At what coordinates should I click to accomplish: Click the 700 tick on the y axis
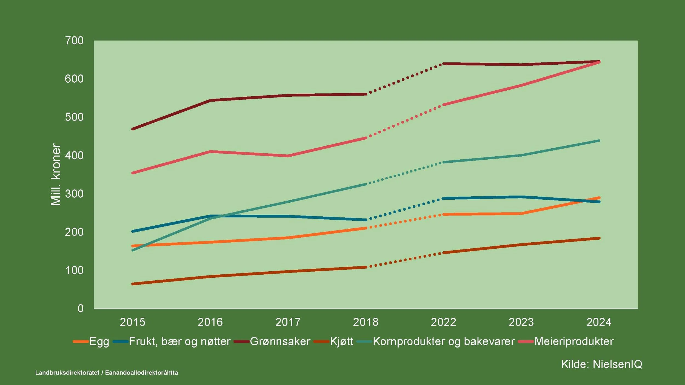pos(74,41)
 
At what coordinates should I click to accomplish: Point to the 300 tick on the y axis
pos(74,194)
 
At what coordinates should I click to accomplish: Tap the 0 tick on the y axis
pos(80,309)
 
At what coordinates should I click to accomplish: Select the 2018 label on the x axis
pos(366,322)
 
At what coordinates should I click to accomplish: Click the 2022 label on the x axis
pos(443,322)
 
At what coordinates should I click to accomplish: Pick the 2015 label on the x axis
pos(132,322)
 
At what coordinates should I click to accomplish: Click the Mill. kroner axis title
pos(56,174)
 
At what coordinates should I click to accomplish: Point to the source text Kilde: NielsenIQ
pos(602,364)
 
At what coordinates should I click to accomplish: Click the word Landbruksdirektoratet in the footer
pos(67,373)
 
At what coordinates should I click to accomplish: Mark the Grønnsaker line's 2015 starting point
pos(133,129)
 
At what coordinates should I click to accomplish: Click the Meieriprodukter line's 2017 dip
pos(288,156)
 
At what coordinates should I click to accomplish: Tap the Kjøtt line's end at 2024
pos(599,238)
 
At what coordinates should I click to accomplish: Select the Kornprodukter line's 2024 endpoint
pos(599,141)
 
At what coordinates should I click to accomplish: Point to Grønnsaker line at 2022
pos(443,64)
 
